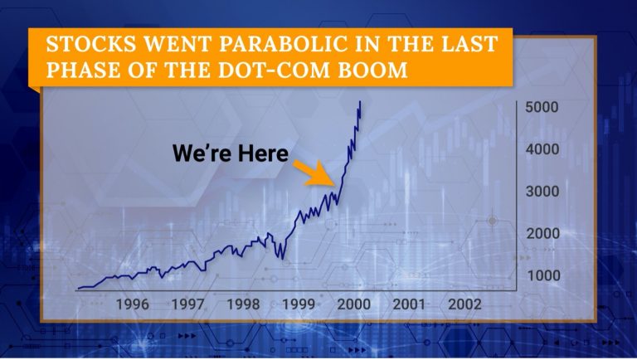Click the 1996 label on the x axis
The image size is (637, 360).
[133, 304]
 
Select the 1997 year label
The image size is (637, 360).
[187, 304]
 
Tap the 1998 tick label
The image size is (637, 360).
[243, 304]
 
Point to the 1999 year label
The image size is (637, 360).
[299, 304]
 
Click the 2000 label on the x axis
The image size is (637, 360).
[354, 304]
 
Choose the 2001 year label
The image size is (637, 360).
[409, 304]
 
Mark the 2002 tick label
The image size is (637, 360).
[464, 304]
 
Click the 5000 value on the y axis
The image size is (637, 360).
[542, 107]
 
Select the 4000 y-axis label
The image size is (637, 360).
[542, 149]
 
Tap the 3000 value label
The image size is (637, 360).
[542, 192]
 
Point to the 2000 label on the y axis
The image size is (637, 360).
[543, 234]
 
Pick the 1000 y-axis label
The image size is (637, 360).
[543, 275]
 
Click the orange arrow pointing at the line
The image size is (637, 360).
[314, 173]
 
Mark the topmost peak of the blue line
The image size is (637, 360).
[360, 101]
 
